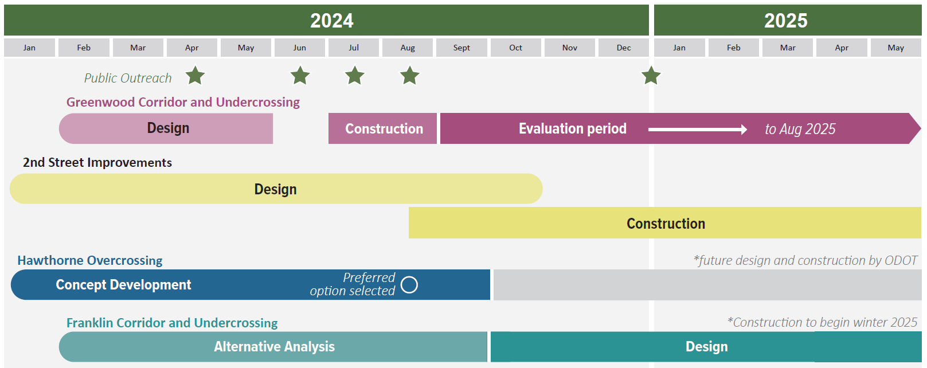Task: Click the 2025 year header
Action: click(x=786, y=21)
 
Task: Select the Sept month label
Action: click(x=461, y=48)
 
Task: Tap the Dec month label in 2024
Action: click(x=624, y=48)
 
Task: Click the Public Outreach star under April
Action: click(x=195, y=75)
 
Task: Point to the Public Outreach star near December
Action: click(x=651, y=75)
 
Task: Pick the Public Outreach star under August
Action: click(x=409, y=75)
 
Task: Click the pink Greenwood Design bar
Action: click(x=167, y=128)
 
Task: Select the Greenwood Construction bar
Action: click(x=384, y=129)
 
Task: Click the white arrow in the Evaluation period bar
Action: click(x=697, y=130)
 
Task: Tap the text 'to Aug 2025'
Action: click(x=800, y=129)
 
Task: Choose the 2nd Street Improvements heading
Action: click(x=97, y=163)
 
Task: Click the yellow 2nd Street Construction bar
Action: click(x=665, y=223)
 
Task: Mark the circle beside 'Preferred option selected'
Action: click(x=409, y=285)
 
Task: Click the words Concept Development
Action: click(x=123, y=285)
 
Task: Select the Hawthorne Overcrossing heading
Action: click(x=90, y=260)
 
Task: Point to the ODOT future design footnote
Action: click(x=805, y=260)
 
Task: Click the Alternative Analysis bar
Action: click(x=274, y=347)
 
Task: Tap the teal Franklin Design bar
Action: click(x=706, y=347)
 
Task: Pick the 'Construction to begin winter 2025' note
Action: click(x=822, y=322)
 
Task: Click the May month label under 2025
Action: click(x=895, y=48)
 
